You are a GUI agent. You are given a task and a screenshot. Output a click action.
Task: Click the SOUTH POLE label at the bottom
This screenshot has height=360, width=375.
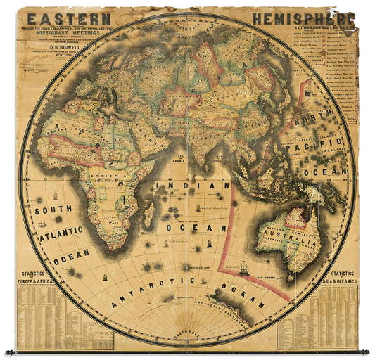click(x=187, y=328)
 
